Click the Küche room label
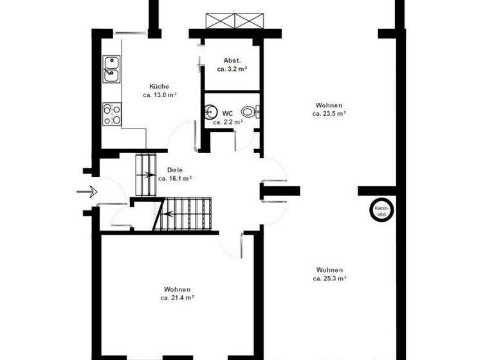159,86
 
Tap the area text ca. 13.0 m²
160,94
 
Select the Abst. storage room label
232,60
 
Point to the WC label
228,113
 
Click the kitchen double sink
111,69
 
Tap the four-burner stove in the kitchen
111,114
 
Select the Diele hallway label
175,170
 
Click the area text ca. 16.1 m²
176,179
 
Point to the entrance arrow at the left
86,191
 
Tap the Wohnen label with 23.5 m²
329,105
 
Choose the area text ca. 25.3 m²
329,278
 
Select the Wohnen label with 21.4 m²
177,289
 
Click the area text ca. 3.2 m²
232,68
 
